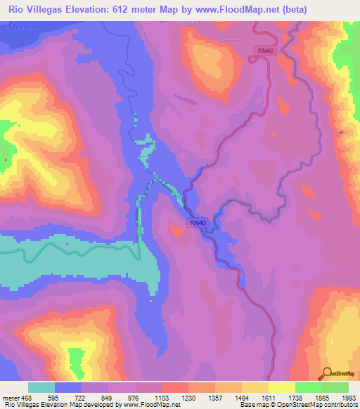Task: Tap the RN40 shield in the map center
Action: click(x=198, y=223)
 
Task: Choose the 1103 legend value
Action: click(x=162, y=397)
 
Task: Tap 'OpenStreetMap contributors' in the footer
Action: click(x=319, y=405)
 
